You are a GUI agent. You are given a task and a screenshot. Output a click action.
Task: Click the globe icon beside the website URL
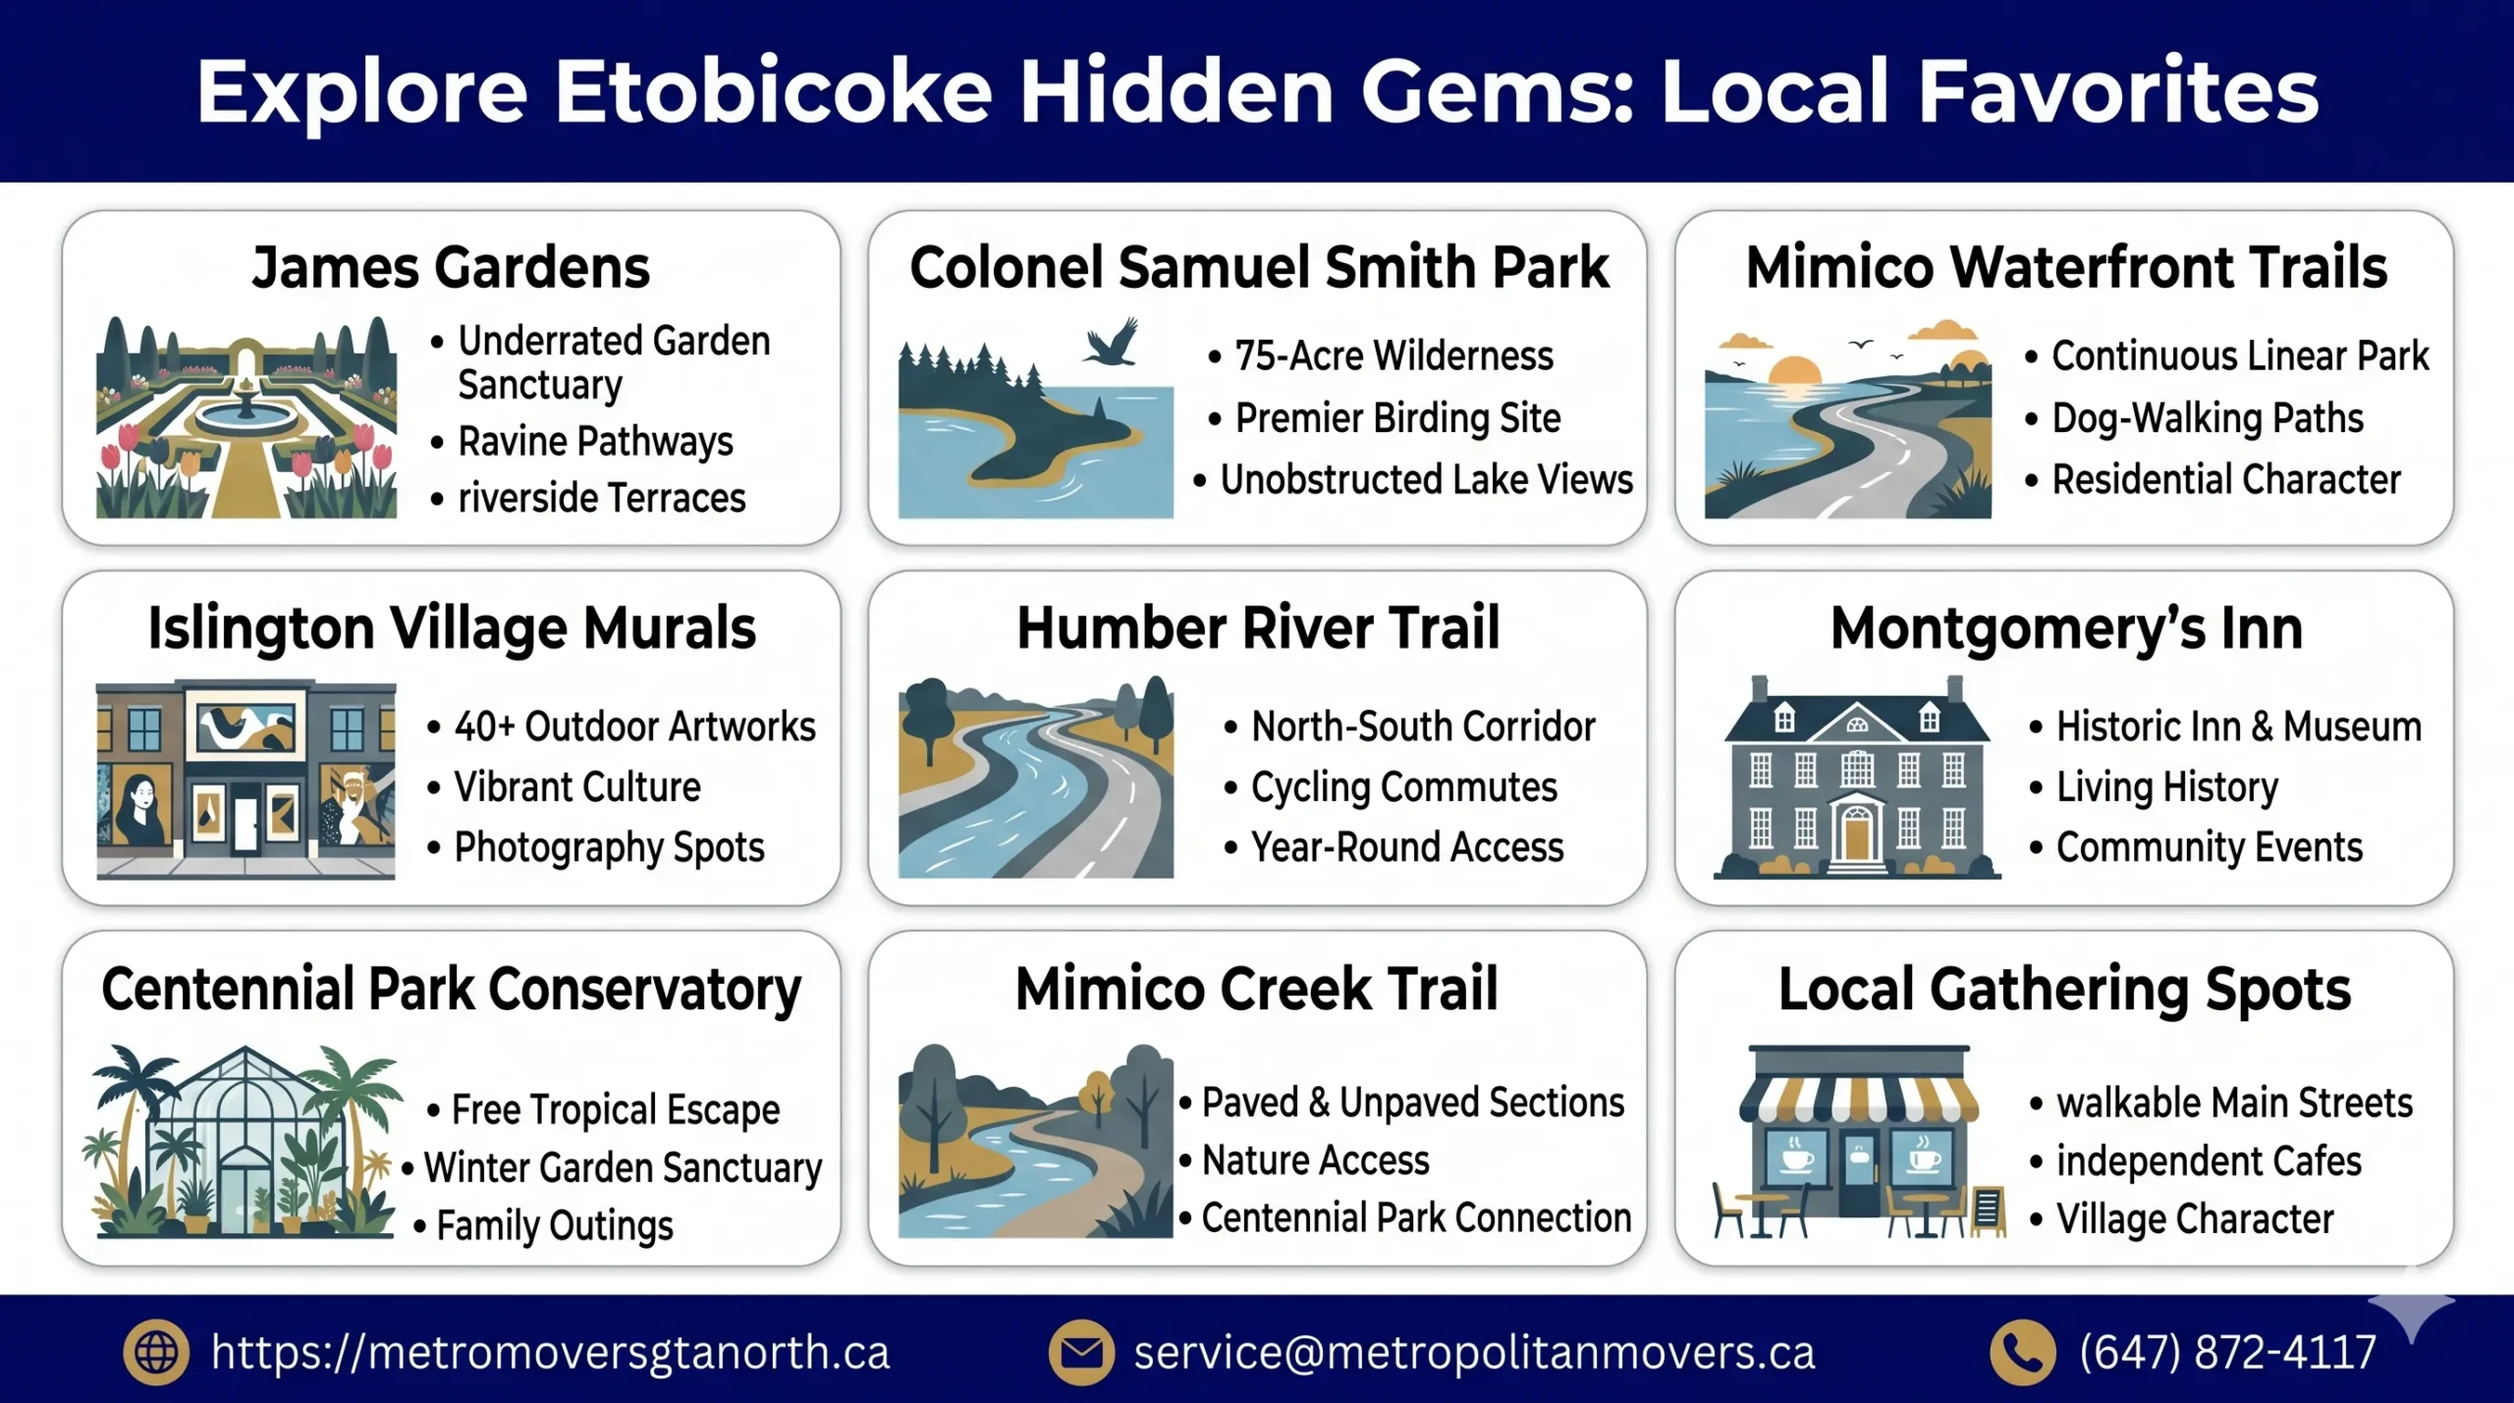155,1352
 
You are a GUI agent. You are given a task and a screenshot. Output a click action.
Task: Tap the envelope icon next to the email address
1081,1352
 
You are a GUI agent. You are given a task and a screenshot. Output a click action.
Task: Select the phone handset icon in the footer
2022,1352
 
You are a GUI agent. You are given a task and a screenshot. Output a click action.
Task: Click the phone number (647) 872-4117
2227,1352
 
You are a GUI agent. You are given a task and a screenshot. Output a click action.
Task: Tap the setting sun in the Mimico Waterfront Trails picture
1794,372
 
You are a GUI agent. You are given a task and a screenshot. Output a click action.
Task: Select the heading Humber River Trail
1257,628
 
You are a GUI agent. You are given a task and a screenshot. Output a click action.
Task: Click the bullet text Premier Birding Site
1397,418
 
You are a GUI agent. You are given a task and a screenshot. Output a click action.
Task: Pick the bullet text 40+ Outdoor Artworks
634,727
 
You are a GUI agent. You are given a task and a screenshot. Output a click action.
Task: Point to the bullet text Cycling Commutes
1403,787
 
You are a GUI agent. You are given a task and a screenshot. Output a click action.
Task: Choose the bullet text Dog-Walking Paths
2207,418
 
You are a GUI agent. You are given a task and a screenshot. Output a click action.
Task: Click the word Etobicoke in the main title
773,91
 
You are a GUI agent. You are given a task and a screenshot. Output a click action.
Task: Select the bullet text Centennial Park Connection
1416,1217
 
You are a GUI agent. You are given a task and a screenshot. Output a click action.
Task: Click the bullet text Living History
2166,787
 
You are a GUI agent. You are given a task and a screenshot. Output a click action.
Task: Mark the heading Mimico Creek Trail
1256,989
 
